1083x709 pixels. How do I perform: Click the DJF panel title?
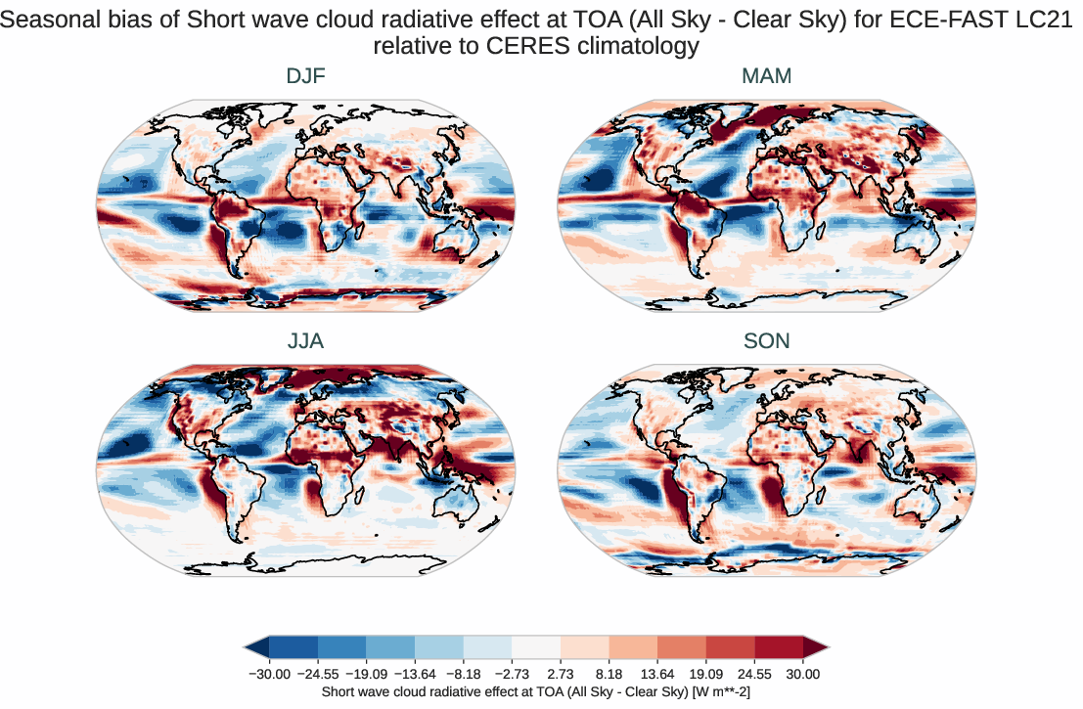(305, 76)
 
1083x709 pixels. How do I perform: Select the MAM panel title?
(766, 76)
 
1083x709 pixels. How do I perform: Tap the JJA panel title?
(305, 341)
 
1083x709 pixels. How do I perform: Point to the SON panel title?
(766, 341)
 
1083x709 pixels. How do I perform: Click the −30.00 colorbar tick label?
(269, 674)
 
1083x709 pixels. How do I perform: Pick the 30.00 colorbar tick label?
(803, 674)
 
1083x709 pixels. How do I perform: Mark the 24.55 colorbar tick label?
(755, 674)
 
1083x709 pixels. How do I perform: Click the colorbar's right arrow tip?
(827, 646)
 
